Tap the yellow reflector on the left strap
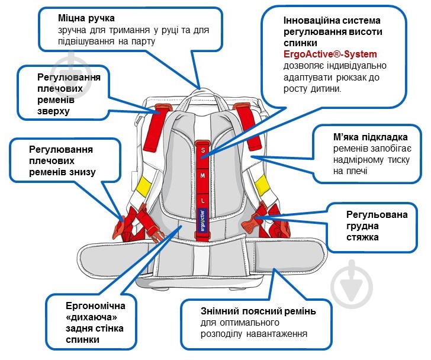click(143, 187)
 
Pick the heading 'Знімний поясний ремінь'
click(251, 311)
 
